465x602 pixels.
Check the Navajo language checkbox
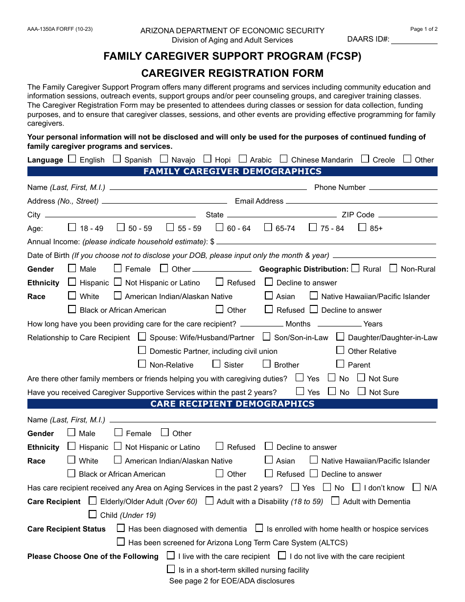tap(164, 159)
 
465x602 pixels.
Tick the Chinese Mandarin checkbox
tap(283, 159)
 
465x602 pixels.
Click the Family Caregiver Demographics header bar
tap(232, 171)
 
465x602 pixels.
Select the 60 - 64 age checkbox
tap(219, 227)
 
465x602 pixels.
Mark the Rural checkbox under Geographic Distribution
tap(355, 268)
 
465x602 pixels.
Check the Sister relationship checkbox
tap(216, 364)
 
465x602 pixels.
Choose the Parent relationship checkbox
tap(340, 364)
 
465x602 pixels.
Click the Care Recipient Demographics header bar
tap(232, 404)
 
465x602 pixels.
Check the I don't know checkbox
tap(356, 487)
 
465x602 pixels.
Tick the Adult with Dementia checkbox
tap(335, 501)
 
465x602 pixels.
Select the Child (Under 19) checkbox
tap(93, 514)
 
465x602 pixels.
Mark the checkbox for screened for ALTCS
tap(121, 542)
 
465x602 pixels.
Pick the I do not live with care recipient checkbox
tap(282, 556)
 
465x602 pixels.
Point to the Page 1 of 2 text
tap(424, 29)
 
